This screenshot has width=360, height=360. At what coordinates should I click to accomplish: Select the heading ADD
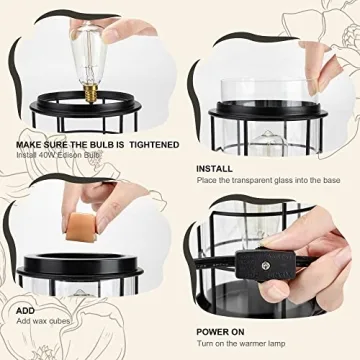[25, 311]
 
